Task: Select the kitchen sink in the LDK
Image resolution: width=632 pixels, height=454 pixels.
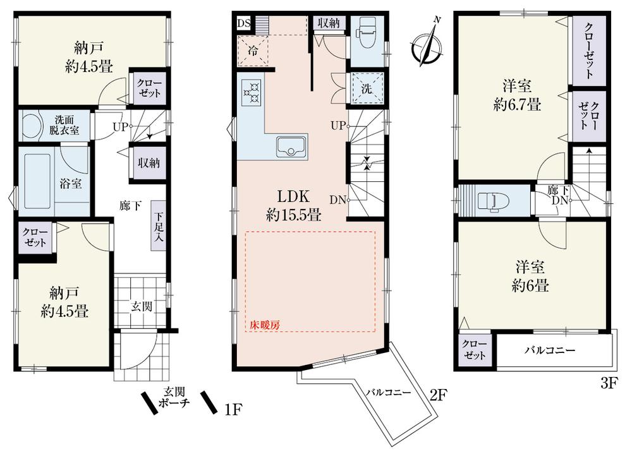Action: click(x=291, y=147)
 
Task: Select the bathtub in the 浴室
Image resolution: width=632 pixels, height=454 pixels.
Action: click(x=37, y=180)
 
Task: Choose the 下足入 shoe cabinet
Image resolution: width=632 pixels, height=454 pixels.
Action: click(x=159, y=226)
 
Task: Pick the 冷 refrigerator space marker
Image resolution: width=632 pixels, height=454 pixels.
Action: click(x=253, y=51)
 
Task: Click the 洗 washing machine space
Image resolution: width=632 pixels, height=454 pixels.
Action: click(x=366, y=88)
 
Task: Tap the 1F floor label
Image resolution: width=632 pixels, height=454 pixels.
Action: click(x=233, y=409)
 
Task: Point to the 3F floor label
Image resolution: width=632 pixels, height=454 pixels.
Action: click(x=609, y=383)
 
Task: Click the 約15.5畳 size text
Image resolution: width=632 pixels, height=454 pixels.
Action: click(x=293, y=215)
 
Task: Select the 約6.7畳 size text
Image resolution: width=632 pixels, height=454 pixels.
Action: click(x=517, y=105)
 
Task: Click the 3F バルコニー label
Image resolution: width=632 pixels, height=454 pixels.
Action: click(x=549, y=350)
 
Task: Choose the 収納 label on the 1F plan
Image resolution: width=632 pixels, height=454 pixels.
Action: click(x=149, y=163)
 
